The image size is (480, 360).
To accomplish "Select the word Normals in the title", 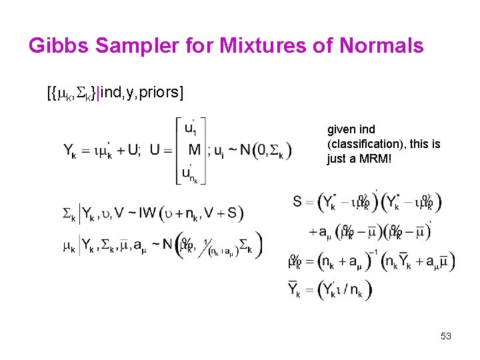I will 381,45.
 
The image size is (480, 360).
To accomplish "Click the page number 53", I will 446,336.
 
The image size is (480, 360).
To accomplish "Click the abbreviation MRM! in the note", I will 373,159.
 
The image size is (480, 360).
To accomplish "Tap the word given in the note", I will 341,130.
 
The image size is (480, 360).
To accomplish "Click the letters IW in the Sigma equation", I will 149,213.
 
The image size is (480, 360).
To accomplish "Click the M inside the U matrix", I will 194,149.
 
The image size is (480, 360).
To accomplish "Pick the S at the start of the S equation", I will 297,201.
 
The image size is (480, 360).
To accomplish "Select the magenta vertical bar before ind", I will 98,91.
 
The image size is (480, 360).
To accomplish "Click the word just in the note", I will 336,159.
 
